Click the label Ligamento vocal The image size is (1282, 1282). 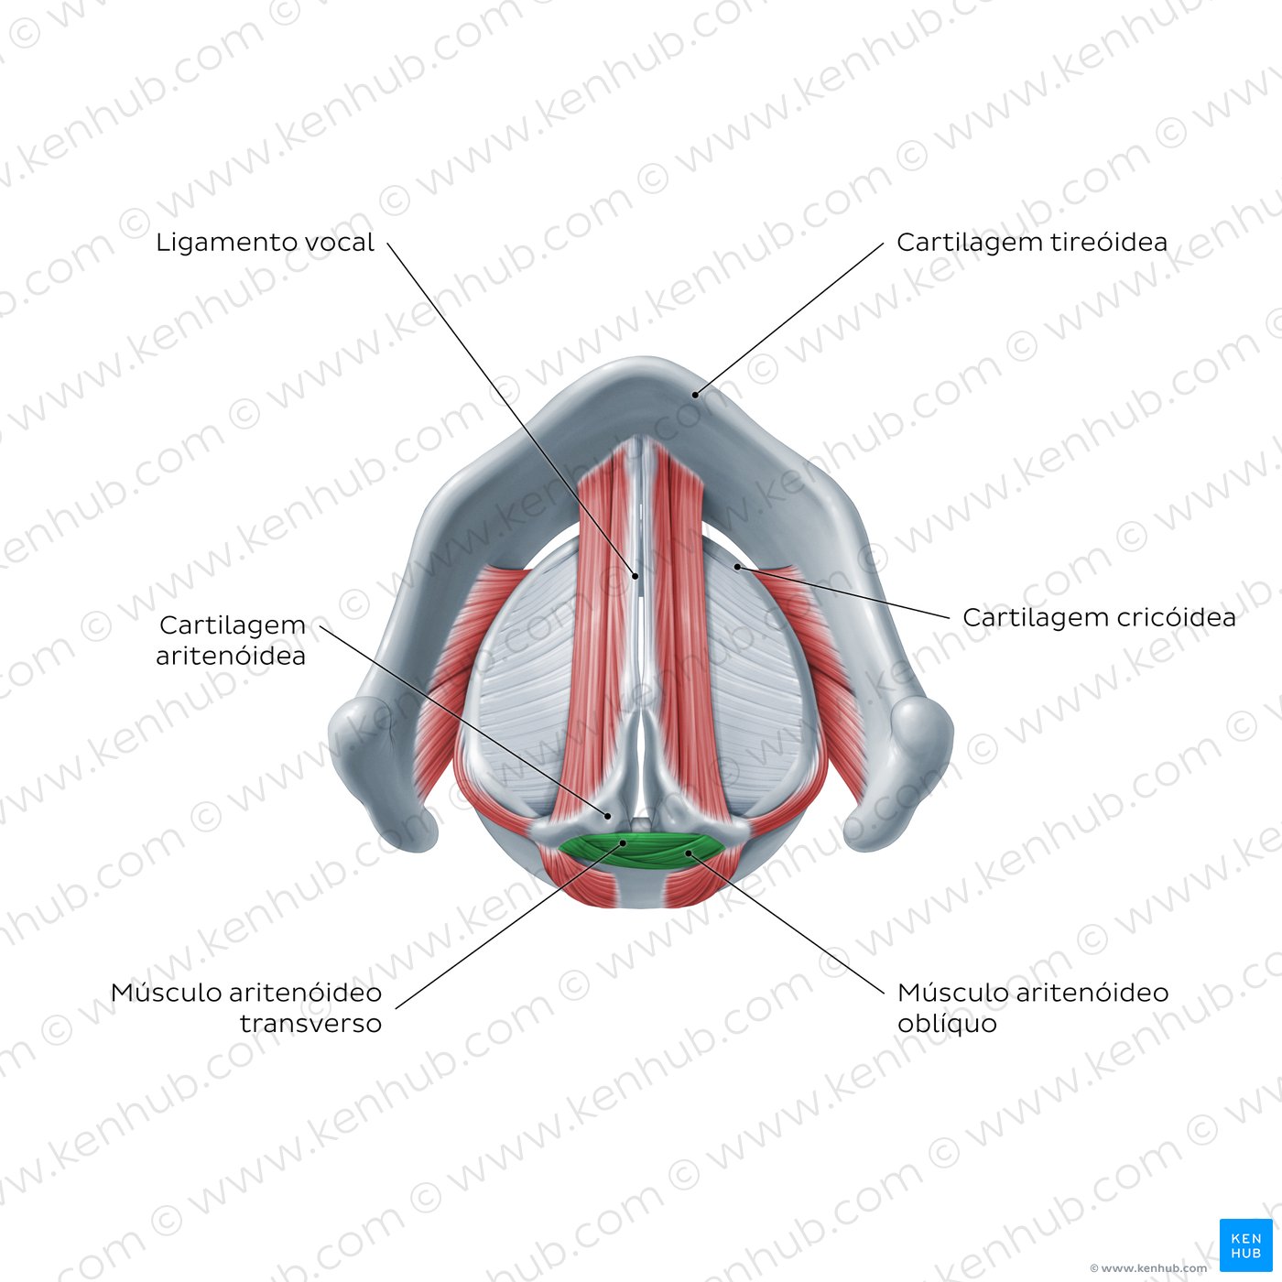[x=265, y=243]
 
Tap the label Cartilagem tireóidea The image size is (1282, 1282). [x=1031, y=242]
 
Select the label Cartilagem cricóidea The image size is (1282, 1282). [x=1099, y=617]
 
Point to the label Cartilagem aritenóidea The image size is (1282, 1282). [x=231, y=640]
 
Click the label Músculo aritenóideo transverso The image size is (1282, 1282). [x=246, y=1007]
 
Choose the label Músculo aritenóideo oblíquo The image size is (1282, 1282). [x=1033, y=1007]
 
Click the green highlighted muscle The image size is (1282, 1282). [x=641, y=850]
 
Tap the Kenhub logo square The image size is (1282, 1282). [x=1245, y=1245]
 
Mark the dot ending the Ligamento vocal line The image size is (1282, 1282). [x=636, y=576]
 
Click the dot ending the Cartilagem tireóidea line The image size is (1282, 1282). [x=694, y=395]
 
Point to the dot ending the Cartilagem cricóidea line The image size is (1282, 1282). [x=737, y=567]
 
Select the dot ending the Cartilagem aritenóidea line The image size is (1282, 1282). [x=607, y=816]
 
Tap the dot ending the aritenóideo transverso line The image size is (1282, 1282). [x=624, y=843]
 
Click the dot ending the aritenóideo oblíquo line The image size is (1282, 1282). [x=689, y=853]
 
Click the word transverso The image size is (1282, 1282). [x=310, y=1023]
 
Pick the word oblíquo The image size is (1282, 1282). [x=947, y=1024]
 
